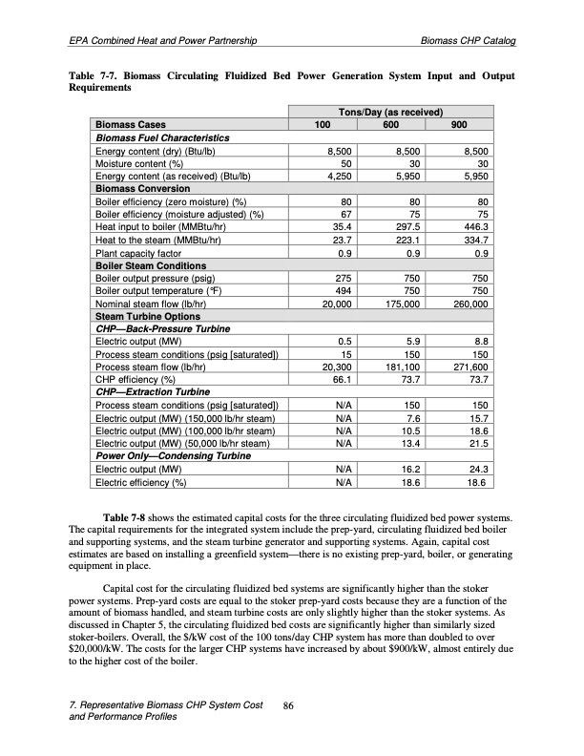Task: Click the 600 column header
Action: pyautogui.click(x=390, y=124)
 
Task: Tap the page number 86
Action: pyautogui.click(x=291, y=705)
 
